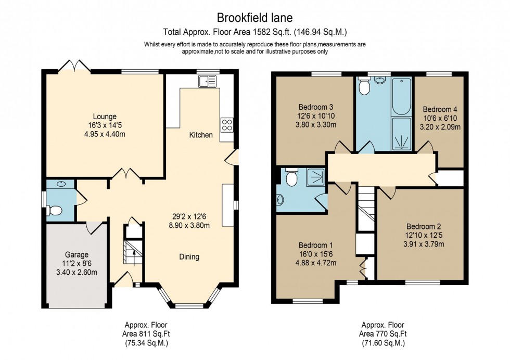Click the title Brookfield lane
pyautogui.click(x=255, y=18)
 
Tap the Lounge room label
pyautogui.click(x=105, y=117)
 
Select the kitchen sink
pyautogui.click(x=207, y=81)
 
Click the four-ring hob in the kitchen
pyautogui.click(x=227, y=124)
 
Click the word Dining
pyautogui.click(x=189, y=256)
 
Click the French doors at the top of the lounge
pyautogui.click(x=74, y=67)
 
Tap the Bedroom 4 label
pyautogui.click(x=440, y=110)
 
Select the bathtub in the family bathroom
pyautogui.click(x=401, y=97)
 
